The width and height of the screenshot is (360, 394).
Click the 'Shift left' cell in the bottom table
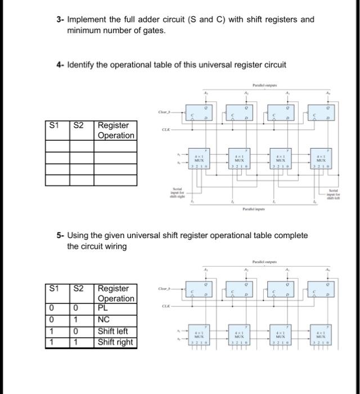[115, 331]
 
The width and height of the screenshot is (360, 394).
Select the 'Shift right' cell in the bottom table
[115, 342]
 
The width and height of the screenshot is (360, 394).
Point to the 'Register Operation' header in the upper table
[115, 130]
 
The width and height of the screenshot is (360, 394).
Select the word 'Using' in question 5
[80, 235]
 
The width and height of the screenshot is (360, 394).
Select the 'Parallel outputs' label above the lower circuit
[264, 262]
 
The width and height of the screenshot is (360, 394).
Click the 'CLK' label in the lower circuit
[165, 306]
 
